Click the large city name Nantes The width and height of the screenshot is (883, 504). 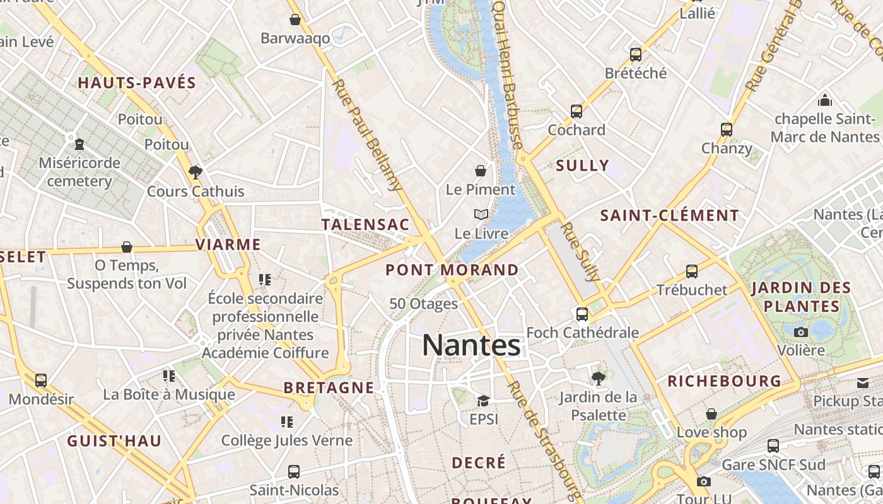[471, 345]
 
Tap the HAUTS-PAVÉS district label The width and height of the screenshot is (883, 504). [137, 83]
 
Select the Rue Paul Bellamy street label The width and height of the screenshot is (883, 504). [366, 134]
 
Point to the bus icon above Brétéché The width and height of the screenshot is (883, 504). [635, 55]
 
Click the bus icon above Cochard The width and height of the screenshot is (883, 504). [576, 112]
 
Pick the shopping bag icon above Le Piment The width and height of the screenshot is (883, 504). [481, 171]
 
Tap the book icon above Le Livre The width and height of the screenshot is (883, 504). [481, 215]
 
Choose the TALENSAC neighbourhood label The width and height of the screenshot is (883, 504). [365, 225]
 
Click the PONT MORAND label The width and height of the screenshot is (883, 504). [452, 270]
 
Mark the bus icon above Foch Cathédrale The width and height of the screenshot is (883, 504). [582, 314]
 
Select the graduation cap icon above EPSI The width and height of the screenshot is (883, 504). [483, 401]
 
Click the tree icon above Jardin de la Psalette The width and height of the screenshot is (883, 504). [598, 378]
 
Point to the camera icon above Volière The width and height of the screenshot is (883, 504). [801, 332]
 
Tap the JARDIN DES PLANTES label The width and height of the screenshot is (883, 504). [801, 297]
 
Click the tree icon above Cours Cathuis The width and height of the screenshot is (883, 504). [196, 172]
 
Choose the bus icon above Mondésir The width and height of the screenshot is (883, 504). [41, 381]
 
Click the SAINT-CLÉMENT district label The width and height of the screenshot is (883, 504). [669, 215]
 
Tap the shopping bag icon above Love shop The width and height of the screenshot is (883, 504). [711, 414]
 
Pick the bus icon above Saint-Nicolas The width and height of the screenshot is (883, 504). [294, 471]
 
